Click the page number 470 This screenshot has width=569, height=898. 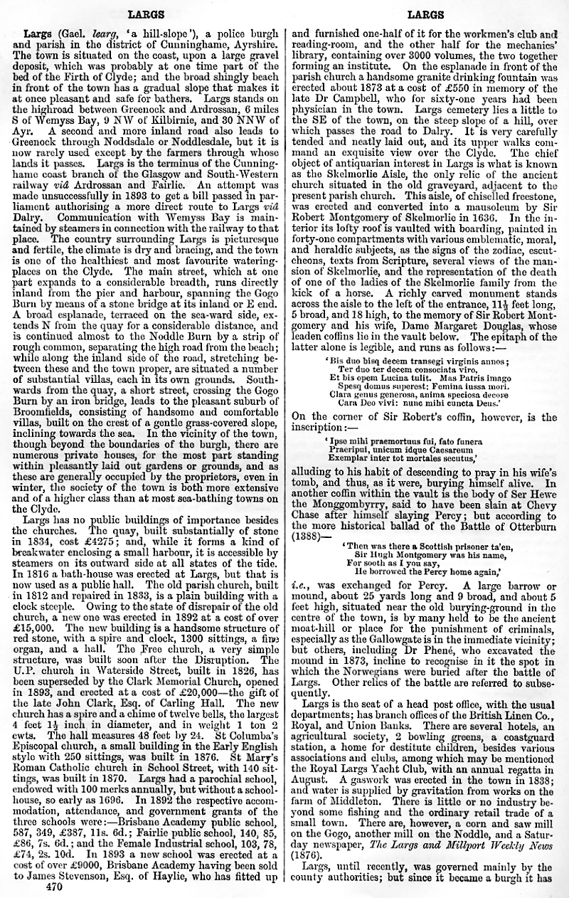54,887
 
